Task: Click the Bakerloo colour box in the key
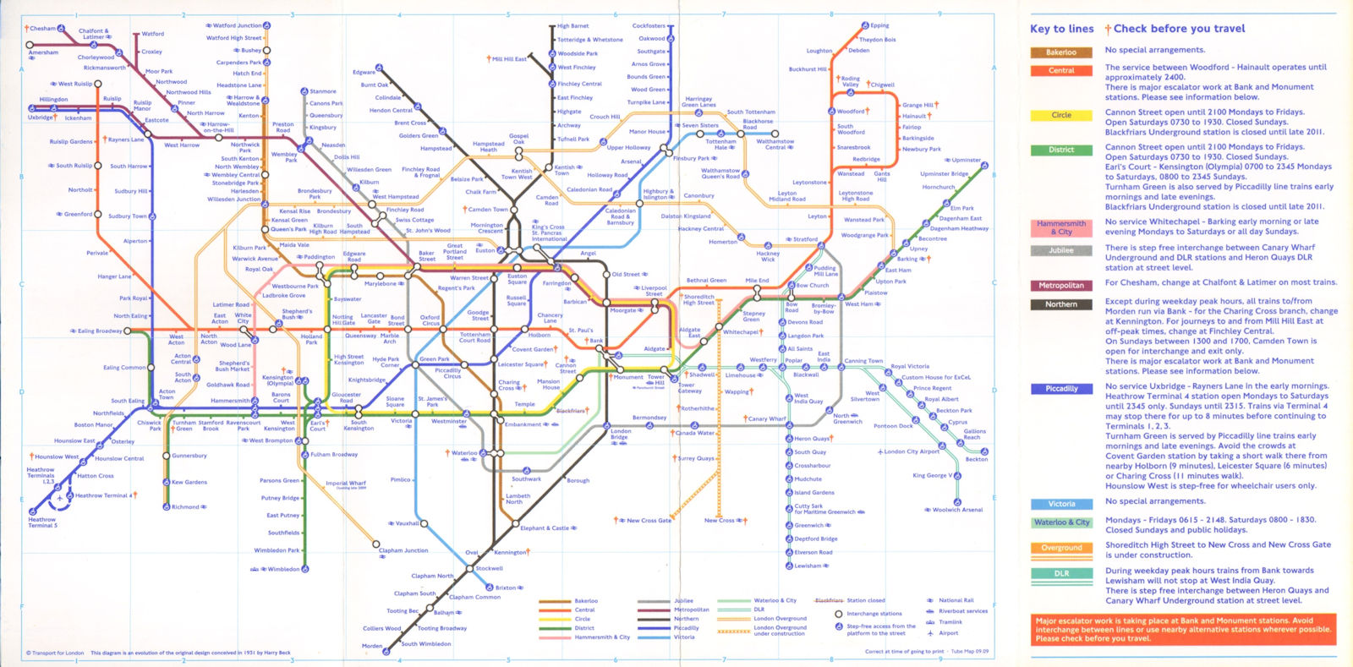(1061, 52)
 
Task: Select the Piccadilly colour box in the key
(1061, 389)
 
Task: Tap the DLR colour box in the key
(1061, 573)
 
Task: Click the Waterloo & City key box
(1061, 522)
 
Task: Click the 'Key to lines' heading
(1061, 29)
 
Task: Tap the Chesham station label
(42, 29)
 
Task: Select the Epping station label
(879, 26)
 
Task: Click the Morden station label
(372, 646)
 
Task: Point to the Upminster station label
(966, 160)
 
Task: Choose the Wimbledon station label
(283, 569)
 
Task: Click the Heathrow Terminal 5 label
(41, 522)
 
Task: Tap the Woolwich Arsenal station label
(957, 510)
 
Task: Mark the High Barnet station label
(573, 26)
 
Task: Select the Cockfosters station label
(649, 26)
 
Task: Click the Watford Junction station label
(237, 26)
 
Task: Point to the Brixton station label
(506, 588)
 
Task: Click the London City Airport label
(912, 451)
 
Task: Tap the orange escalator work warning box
(1183, 629)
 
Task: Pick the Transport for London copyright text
(56, 653)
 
